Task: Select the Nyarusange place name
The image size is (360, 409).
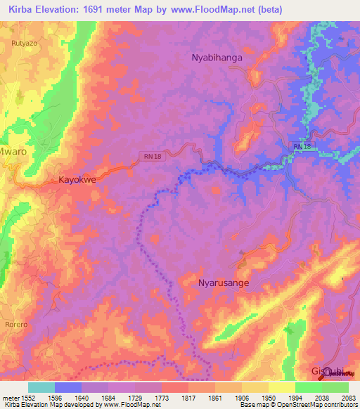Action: coord(224,282)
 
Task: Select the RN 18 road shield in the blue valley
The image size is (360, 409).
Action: coord(302,146)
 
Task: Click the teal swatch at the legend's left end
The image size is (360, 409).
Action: coord(41,387)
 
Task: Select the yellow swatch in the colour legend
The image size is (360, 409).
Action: coord(281,387)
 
